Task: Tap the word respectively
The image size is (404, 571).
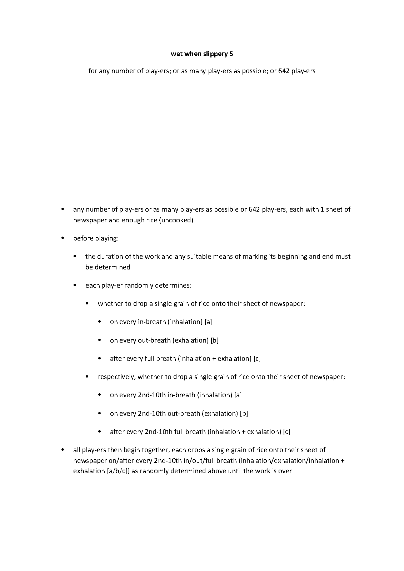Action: (x=117, y=377)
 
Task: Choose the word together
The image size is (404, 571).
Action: (x=156, y=450)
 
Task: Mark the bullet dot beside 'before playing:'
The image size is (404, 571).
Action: (x=63, y=238)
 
